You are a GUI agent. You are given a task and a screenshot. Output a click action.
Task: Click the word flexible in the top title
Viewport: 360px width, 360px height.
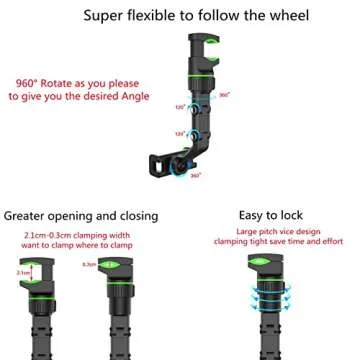tap(163, 17)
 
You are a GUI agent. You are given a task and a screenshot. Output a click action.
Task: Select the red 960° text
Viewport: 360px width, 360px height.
tap(31, 83)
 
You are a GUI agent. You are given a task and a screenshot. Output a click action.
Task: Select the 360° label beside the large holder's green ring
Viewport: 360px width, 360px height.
tap(225, 94)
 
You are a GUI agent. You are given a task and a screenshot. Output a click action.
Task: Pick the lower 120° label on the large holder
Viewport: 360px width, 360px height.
tap(180, 133)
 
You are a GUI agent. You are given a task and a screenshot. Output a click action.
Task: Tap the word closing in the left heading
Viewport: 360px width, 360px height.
tap(135, 216)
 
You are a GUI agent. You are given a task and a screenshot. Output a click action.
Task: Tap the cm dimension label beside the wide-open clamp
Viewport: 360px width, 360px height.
tap(23, 271)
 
